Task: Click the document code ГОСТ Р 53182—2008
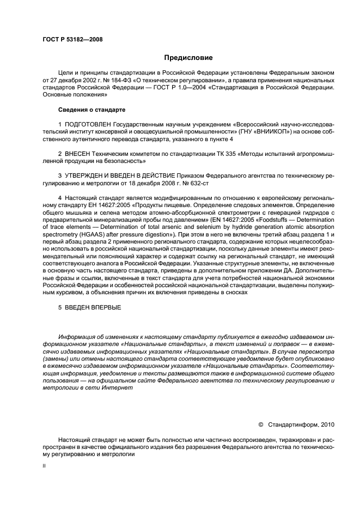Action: click(72, 39)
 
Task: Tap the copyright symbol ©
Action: click(260, 423)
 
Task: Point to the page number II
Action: click(44, 466)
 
